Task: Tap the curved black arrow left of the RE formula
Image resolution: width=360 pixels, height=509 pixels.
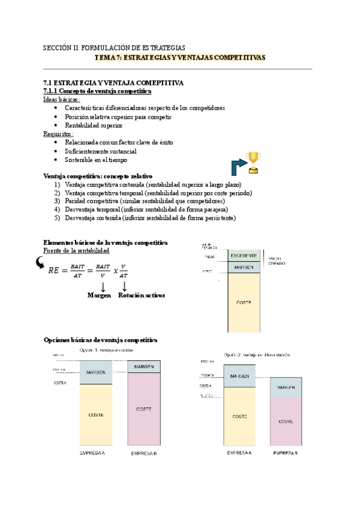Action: pos(40,262)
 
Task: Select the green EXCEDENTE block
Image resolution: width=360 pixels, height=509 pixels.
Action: pos(244,256)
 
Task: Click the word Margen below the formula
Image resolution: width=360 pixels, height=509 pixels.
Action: pos(99,295)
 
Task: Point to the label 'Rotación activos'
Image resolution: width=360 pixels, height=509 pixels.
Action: pos(142,295)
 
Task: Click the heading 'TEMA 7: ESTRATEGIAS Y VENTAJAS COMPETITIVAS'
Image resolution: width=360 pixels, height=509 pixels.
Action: pos(181,58)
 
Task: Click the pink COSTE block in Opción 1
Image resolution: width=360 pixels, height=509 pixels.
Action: pos(144,409)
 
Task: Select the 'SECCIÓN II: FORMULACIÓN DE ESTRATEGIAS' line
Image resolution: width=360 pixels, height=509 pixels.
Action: pos(115,47)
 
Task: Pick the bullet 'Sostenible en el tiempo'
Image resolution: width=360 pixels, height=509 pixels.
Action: pos(96,160)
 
